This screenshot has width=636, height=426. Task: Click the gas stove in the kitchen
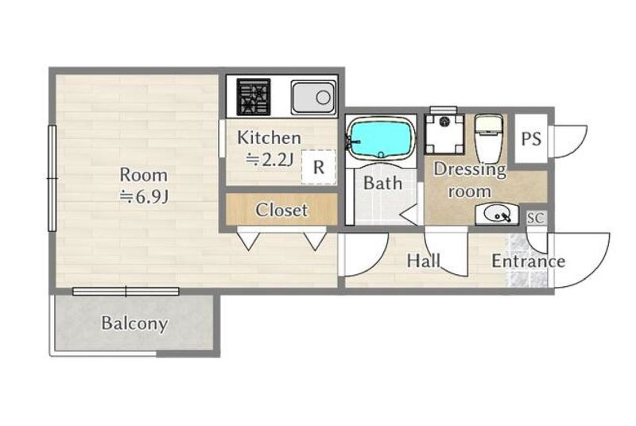(x=254, y=96)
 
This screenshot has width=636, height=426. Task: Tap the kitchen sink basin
(x=312, y=97)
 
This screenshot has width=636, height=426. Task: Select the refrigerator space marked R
(x=319, y=167)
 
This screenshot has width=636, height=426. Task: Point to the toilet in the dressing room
(x=489, y=137)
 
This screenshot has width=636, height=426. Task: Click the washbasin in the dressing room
(x=497, y=214)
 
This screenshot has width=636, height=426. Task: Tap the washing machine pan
(x=444, y=134)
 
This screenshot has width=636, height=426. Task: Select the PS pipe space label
(x=531, y=138)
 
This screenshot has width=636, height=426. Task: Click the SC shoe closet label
(x=535, y=218)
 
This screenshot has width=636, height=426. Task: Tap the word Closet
(x=281, y=210)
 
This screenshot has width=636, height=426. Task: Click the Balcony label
(x=134, y=323)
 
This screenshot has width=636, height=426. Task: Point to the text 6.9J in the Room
(x=152, y=197)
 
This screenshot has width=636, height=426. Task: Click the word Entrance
(x=528, y=261)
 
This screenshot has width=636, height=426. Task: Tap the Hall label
(x=424, y=261)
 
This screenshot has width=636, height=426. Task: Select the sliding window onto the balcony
(x=126, y=291)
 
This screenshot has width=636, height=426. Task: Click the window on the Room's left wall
(x=52, y=178)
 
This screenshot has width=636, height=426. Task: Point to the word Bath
(x=382, y=184)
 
